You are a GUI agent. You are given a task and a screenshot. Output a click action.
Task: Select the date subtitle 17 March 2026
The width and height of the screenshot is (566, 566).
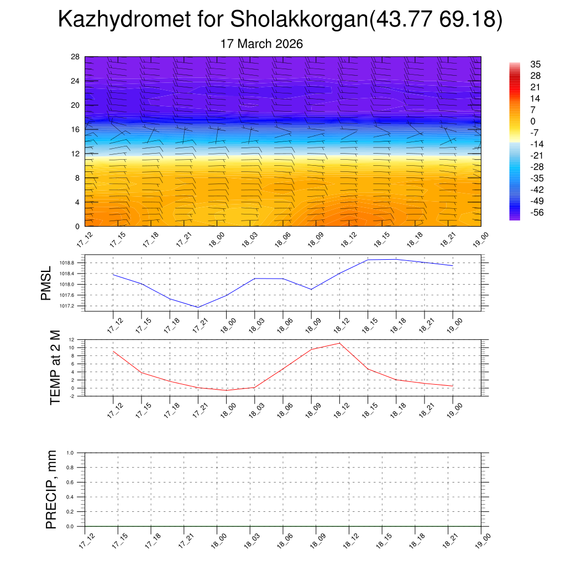(x=261, y=44)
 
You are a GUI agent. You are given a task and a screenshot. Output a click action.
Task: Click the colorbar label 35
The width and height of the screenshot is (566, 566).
(x=535, y=64)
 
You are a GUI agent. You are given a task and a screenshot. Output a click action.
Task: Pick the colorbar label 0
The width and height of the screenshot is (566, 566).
(x=533, y=122)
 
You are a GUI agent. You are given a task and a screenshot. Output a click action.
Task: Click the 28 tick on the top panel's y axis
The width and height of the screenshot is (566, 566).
(x=76, y=57)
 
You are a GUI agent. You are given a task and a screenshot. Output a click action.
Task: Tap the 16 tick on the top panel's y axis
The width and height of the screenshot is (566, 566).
(x=76, y=129)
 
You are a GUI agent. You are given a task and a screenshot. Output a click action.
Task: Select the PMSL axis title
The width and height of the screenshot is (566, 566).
(x=45, y=283)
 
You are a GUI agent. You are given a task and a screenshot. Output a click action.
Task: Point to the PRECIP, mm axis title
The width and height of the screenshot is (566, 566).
(x=51, y=489)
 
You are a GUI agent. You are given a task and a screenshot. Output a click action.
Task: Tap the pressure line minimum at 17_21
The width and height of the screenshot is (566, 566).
(x=198, y=307)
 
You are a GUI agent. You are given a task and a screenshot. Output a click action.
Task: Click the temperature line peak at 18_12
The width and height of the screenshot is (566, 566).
(x=339, y=343)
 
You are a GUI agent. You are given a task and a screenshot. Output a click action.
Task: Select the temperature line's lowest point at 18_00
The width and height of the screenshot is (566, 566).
(x=226, y=391)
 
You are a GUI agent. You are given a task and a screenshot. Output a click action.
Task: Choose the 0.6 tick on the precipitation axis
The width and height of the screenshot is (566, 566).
(x=70, y=482)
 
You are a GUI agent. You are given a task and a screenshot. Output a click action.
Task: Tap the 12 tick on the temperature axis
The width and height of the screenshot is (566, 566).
(x=72, y=339)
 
